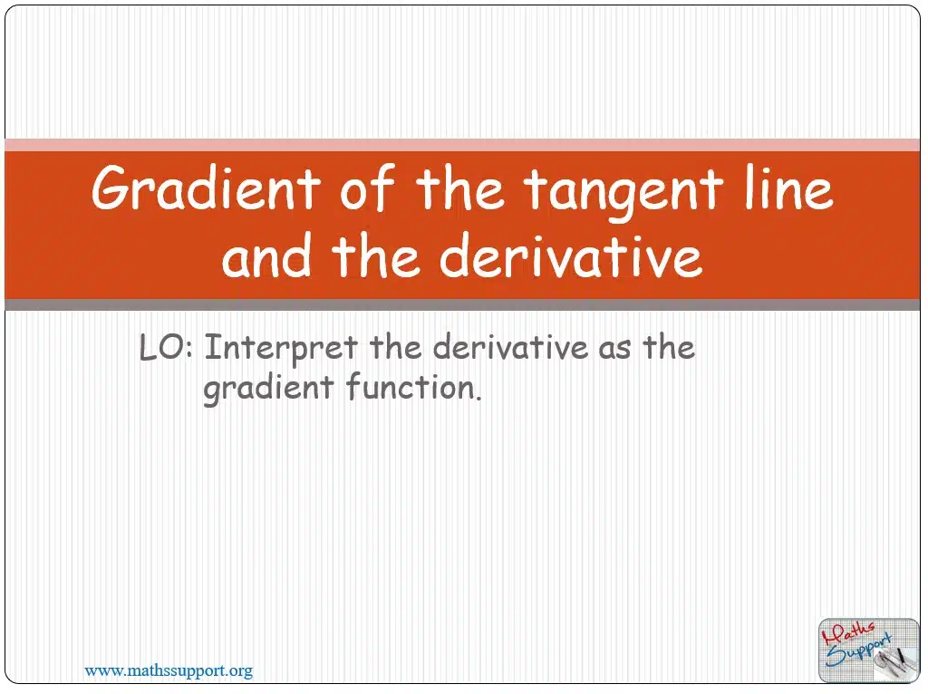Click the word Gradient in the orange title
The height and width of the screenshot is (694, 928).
(x=206, y=188)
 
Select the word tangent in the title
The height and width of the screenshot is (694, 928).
(x=623, y=193)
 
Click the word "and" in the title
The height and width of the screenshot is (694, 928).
(x=266, y=255)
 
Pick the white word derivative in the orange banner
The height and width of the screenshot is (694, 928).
(x=571, y=255)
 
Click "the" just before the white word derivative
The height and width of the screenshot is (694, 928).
(x=376, y=255)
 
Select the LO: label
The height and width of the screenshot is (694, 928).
(x=167, y=347)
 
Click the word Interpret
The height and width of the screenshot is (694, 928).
(x=281, y=349)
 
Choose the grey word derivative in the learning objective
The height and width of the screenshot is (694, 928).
(x=510, y=347)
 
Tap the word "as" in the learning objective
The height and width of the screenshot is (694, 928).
(x=615, y=351)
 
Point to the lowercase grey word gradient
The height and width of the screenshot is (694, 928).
(x=268, y=390)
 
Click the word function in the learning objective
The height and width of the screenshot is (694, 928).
(x=413, y=387)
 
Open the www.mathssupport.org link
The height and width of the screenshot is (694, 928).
(x=169, y=671)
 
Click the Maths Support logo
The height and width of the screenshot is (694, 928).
(x=869, y=651)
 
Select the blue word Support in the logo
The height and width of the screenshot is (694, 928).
(x=858, y=651)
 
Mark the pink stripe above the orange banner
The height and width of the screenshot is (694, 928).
(x=462, y=145)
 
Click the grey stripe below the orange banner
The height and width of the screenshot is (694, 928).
(x=462, y=304)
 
